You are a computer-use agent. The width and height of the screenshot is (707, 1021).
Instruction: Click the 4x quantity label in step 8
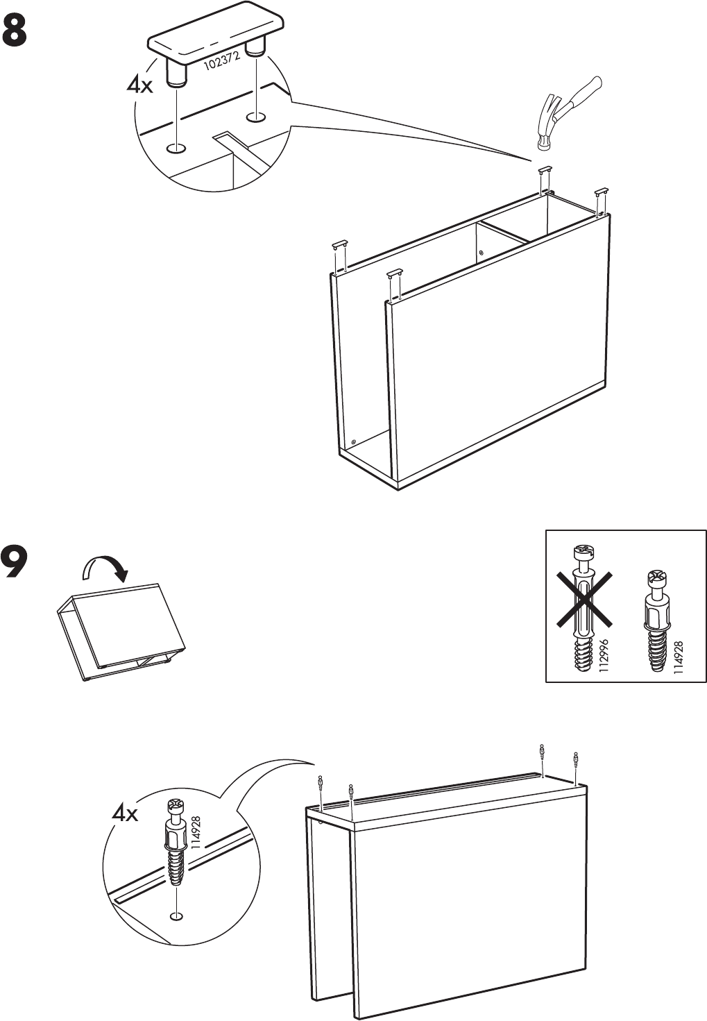pos(139,85)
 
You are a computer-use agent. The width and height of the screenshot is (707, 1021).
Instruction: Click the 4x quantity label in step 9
pos(125,813)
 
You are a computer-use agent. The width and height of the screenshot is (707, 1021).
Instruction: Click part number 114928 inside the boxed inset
pos(679,657)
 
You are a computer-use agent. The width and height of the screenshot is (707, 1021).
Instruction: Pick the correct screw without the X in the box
pos(656,621)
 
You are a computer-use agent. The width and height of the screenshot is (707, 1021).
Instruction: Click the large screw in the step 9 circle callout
pos(176,843)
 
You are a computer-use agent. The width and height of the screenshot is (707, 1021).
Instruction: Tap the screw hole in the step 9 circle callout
pos(177,917)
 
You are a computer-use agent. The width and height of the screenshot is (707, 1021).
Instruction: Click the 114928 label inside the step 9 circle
pos(196,833)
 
